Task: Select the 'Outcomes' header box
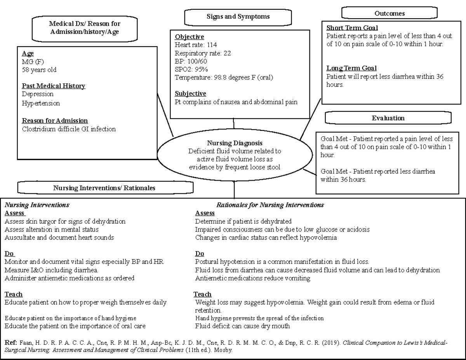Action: (389, 13)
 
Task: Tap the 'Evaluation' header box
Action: (388, 118)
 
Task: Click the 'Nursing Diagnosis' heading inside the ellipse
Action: (235, 143)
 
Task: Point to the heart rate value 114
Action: (212, 45)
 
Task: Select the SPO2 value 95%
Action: (201, 70)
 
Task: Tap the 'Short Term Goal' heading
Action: (352, 28)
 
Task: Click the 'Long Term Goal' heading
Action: (351, 68)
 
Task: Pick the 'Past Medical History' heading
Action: (53, 86)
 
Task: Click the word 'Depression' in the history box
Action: (38, 94)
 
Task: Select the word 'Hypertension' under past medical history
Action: (41, 103)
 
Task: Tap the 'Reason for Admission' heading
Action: (55, 121)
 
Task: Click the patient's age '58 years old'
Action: (39, 70)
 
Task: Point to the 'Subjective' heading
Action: (190, 94)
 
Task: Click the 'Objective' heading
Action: (189, 37)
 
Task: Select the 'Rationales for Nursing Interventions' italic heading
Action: (270, 205)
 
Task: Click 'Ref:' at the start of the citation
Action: (10, 343)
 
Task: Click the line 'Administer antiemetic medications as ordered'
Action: (70, 278)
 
